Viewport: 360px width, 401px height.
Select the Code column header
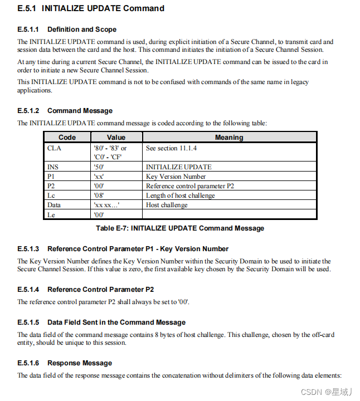(x=67, y=137)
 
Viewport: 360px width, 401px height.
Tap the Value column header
(x=116, y=137)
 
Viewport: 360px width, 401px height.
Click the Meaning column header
(x=229, y=137)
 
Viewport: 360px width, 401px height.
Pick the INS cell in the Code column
(x=52, y=167)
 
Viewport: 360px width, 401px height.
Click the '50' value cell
(x=99, y=167)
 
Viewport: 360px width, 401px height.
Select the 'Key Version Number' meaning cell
(x=176, y=177)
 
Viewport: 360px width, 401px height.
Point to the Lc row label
(x=51, y=195)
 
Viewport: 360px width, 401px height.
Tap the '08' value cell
(x=99, y=195)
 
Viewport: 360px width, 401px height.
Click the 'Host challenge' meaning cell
(x=167, y=205)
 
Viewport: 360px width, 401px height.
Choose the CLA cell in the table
(x=53, y=148)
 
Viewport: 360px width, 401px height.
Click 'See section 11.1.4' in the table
(x=172, y=148)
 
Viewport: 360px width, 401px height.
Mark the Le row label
(x=51, y=214)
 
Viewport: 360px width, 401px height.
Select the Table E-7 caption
(x=180, y=228)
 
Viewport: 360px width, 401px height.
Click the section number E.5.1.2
(x=28, y=111)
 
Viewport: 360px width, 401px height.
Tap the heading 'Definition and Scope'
(x=82, y=29)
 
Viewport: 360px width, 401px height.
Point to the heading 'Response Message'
(x=80, y=363)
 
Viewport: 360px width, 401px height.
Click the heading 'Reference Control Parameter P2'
(x=100, y=290)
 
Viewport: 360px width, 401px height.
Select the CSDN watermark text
(x=323, y=392)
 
